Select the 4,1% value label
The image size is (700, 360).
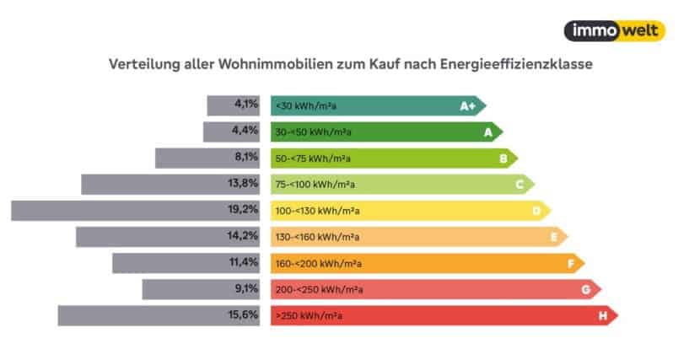point(245,105)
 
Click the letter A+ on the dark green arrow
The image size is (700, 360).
point(467,106)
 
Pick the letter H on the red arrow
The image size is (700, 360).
point(603,316)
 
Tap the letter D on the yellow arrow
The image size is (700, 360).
point(536,211)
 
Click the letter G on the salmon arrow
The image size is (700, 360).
point(585,290)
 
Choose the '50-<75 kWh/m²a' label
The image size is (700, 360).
point(312,159)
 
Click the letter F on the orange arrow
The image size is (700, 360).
point(570,264)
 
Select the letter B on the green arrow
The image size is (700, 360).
point(503,159)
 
